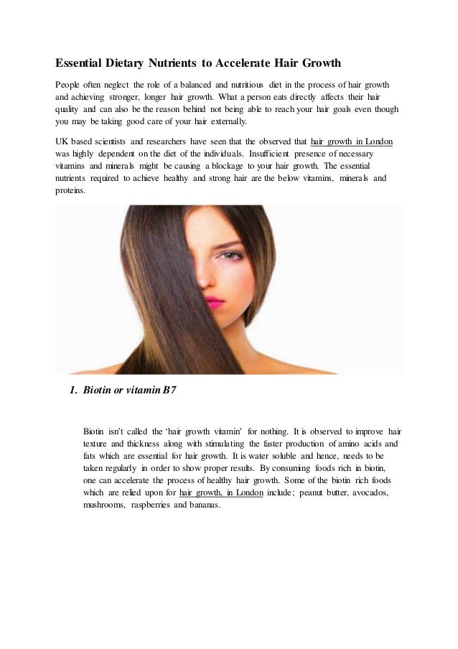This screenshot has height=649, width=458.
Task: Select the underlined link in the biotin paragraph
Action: point(222,493)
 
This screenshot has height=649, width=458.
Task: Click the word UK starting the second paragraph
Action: point(63,141)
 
